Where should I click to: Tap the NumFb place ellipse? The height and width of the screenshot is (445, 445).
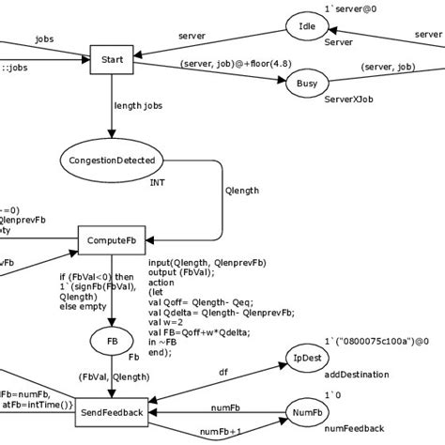click(307, 413)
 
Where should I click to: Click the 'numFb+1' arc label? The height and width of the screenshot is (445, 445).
click(222, 431)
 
